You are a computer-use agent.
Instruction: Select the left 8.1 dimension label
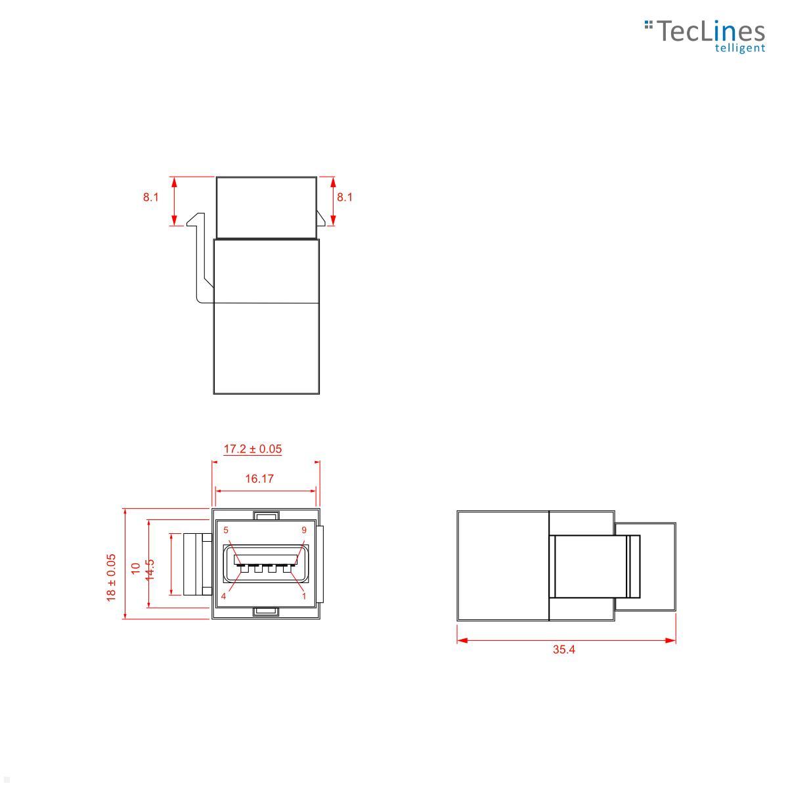(x=151, y=197)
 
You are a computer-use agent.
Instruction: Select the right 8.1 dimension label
(x=345, y=197)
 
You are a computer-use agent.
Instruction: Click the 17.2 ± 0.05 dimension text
(x=253, y=449)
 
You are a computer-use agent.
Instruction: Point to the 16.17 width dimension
(x=259, y=479)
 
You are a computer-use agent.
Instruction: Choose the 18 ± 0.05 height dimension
(x=112, y=577)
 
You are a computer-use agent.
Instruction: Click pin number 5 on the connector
(x=226, y=530)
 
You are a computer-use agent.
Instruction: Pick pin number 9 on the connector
(x=304, y=530)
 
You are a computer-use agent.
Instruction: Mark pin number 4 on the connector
(x=224, y=596)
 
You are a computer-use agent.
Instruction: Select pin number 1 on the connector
(x=304, y=596)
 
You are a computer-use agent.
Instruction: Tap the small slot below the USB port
(x=266, y=612)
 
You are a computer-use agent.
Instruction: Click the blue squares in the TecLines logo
(x=649, y=25)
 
